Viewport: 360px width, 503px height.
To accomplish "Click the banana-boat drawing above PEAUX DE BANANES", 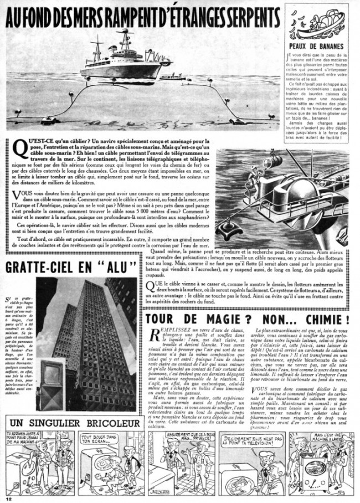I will tap(320, 23).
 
